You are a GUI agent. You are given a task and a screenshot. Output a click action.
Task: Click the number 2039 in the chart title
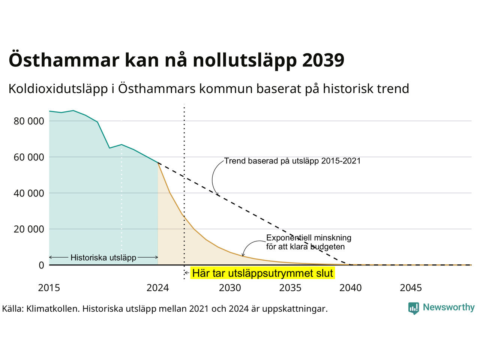pyautogui.click(x=323, y=60)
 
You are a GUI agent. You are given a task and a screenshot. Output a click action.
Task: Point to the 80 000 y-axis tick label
pyautogui.click(x=29, y=121)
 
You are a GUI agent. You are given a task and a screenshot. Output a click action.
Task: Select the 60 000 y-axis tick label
pyautogui.click(x=29, y=157)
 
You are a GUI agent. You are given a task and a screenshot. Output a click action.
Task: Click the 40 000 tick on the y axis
pyautogui.click(x=29, y=193)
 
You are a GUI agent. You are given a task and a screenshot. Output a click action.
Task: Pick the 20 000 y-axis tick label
pyautogui.click(x=29, y=229)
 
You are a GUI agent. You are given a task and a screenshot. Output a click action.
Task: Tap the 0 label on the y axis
pyautogui.click(x=41, y=265)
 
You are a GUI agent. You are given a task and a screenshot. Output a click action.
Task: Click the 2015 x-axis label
pyautogui.click(x=49, y=288)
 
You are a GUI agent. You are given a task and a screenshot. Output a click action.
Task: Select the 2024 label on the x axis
pyautogui.click(x=157, y=288)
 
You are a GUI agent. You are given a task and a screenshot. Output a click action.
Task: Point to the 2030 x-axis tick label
pyautogui.click(x=230, y=288)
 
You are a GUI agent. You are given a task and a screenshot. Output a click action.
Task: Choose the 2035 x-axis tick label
pyautogui.click(x=290, y=288)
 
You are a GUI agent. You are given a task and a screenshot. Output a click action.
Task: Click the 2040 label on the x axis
pyautogui.click(x=351, y=288)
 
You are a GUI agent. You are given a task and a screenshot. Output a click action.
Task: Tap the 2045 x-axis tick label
pyautogui.click(x=411, y=288)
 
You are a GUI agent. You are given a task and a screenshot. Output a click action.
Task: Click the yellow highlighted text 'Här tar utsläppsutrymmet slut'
pyautogui.click(x=262, y=273)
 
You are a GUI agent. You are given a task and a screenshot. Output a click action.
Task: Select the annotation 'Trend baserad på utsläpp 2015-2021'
pyautogui.click(x=292, y=161)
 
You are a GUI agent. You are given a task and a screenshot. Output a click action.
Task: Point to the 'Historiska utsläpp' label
pyautogui.click(x=103, y=258)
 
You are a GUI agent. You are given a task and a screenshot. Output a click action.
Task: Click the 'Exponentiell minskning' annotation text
pyautogui.click(x=309, y=238)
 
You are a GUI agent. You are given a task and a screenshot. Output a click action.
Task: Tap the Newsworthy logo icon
pyautogui.click(x=414, y=308)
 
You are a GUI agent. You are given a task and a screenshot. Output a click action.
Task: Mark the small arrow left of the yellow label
pyautogui.click(x=187, y=273)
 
